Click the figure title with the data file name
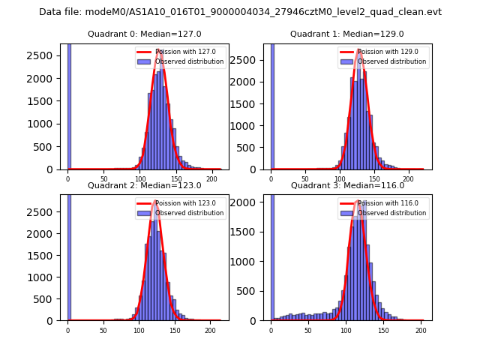240,12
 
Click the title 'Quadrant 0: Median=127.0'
145,34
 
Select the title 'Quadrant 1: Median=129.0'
347,34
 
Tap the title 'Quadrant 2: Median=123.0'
145,185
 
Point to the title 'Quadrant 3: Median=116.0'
347,185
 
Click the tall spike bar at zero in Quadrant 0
68,105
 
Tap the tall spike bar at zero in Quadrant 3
271,255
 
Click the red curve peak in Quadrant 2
155,201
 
